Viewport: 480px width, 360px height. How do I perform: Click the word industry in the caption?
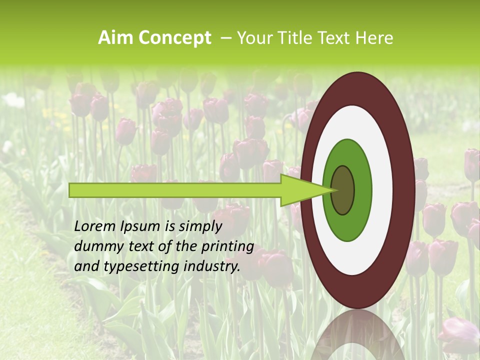pos(212,266)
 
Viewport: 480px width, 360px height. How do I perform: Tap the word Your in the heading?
pos(253,38)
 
